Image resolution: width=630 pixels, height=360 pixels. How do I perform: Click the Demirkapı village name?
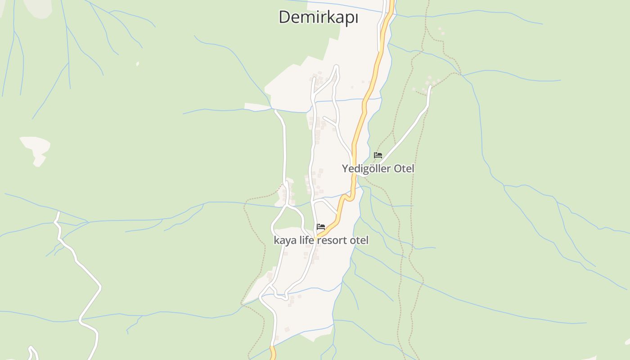(x=318, y=17)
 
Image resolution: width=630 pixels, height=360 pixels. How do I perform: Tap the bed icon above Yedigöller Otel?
(x=378, y=155)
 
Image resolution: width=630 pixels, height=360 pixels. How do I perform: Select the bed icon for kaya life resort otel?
(x=321, y=226)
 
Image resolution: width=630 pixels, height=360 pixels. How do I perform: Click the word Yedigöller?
(x=366, y=169)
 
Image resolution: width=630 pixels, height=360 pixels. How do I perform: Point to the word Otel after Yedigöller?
(x=404, y=169)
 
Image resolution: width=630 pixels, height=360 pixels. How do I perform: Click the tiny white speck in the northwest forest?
(x=137, y=64)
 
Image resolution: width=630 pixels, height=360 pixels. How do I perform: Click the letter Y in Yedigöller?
(x=345, y=169)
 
